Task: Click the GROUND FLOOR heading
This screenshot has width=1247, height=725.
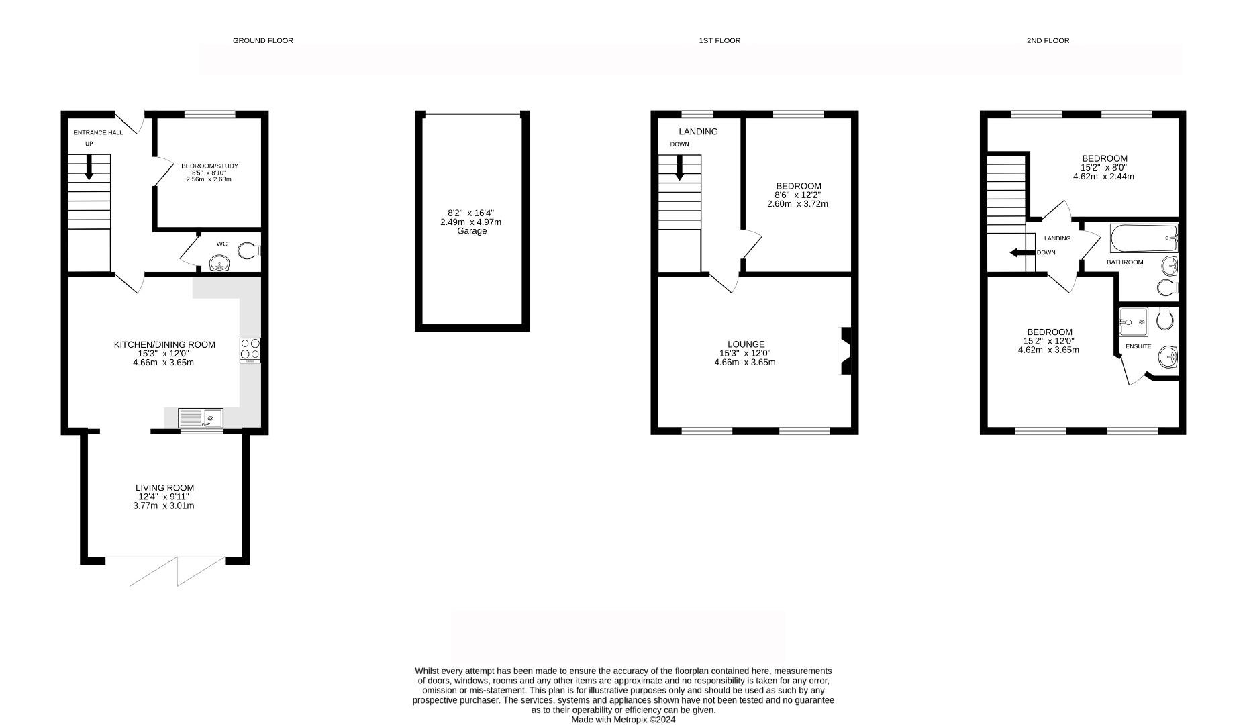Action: coord(262,40)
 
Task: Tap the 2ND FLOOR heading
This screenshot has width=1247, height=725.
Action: coord(1047,40)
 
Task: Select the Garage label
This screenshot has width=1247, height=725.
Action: coord(471,231)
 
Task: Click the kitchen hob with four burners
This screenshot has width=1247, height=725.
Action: coord(250,350)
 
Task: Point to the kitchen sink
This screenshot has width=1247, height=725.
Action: coord(201,418)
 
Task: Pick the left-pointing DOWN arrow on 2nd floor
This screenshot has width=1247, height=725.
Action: coord(1021,253)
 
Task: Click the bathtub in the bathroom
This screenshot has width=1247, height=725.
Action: coord(1144,238)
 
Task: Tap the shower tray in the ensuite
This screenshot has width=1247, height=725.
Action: coord(1134,322)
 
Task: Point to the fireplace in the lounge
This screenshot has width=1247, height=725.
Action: coord(845,350)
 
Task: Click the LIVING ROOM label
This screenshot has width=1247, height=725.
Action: coord(164,488)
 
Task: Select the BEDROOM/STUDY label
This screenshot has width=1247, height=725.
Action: coord(209,166)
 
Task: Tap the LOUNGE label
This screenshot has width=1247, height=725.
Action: coord(746,344)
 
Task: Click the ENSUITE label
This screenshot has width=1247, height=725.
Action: coord(1138,347)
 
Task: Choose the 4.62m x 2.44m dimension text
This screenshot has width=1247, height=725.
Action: coord(1103,177)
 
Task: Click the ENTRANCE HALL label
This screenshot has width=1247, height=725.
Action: coord(98,133)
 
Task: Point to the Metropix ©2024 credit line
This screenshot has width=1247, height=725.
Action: coord(623,720)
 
